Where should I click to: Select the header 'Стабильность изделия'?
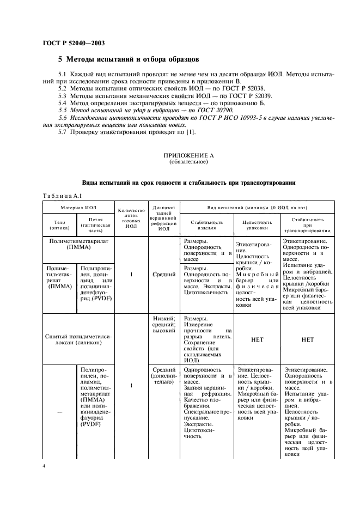tap(206, 224)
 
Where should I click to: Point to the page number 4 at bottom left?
tap(45, 467)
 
